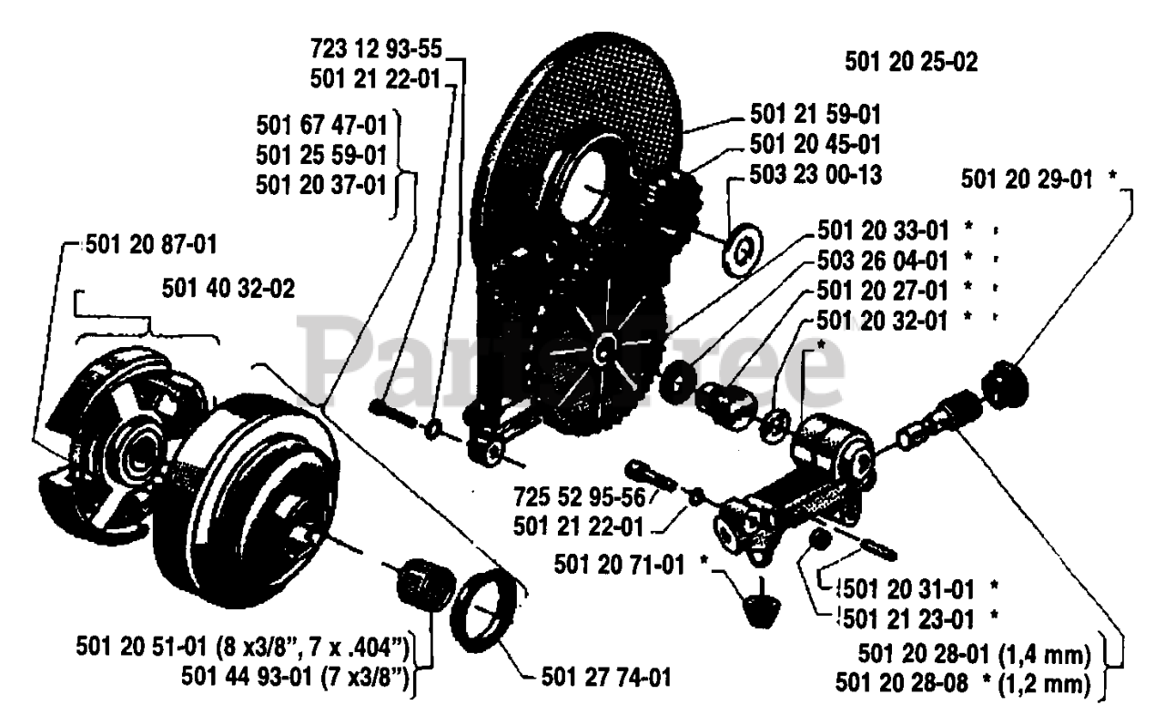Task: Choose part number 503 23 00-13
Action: pos(815,173)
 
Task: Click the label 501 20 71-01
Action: pos(618,566)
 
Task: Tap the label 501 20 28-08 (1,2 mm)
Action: pos(976,682)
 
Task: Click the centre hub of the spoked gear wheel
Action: pos(604,347)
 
